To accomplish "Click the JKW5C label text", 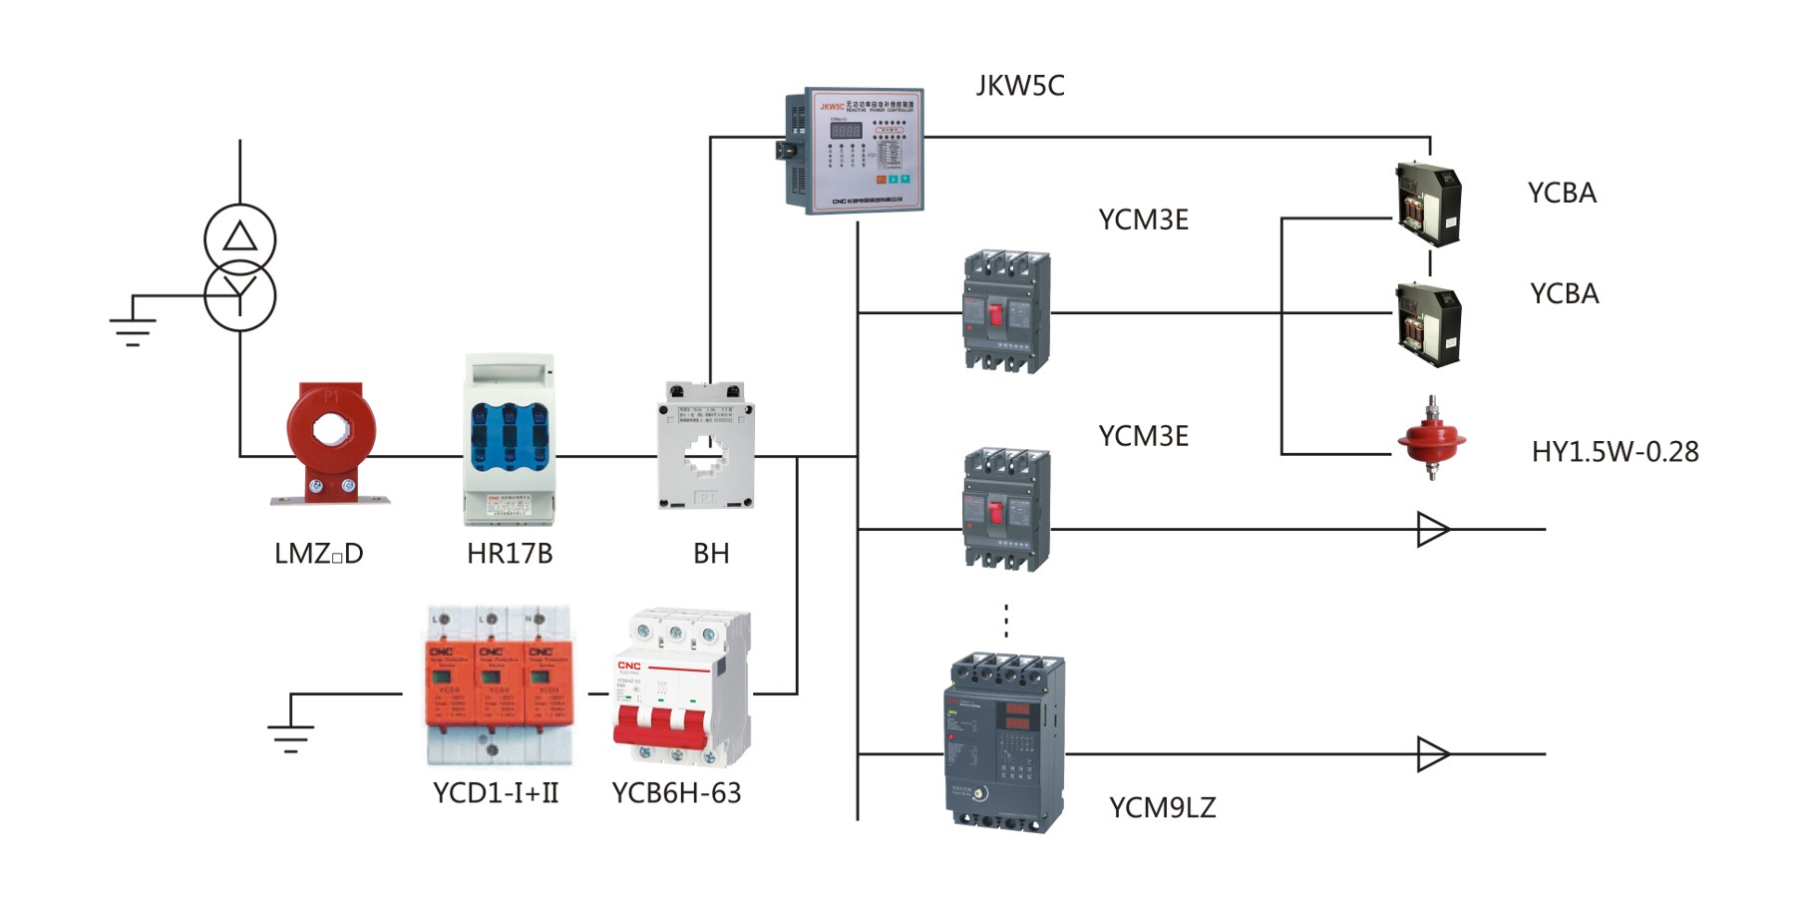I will pyautogui.click(x=1019, y=86).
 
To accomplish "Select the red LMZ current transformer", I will pyautogui.click(x=330, y=440).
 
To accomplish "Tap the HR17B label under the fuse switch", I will pyautogui.click(x=509, y=554).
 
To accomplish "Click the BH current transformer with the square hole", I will pyautogui.click(x=706, y=446).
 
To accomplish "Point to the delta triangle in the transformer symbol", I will pyautogui.click(x=239, y=237).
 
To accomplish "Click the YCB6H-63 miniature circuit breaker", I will pyautogui.click(x=680, y=688).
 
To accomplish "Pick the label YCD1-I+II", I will pyautogui.click(x=496, y=793).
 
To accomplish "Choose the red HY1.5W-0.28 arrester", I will pyautogui.click(x=1431, y=439).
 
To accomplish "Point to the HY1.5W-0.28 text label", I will pyautogui.click(x=1615, y=452).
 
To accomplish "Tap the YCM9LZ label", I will pyautogui.click(x=1162, y=808).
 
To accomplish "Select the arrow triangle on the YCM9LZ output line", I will pyautogui.click(x=1431, y=754).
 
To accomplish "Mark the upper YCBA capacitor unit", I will pyautogui.click(x=1428, y=203).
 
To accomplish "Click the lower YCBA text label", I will pyautogui.click(x=1564, y=294).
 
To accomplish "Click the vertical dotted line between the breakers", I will pyautogui.click(x=1006, y=621).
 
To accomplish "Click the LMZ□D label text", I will pyautogui.click(x=318, y=554).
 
